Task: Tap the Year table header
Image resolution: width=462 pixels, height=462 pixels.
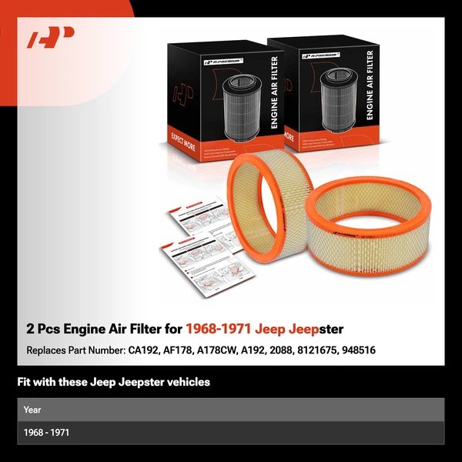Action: pyautogui.click(x=32, y=409)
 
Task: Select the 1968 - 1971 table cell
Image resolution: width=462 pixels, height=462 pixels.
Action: pyautogui.click(x=46, y=433)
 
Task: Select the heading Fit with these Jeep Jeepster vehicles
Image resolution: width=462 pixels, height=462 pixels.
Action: pyautogui.click(x=113, y=382)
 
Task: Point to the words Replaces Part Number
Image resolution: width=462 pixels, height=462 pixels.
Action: pyautogui.click(x=75, y=350)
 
